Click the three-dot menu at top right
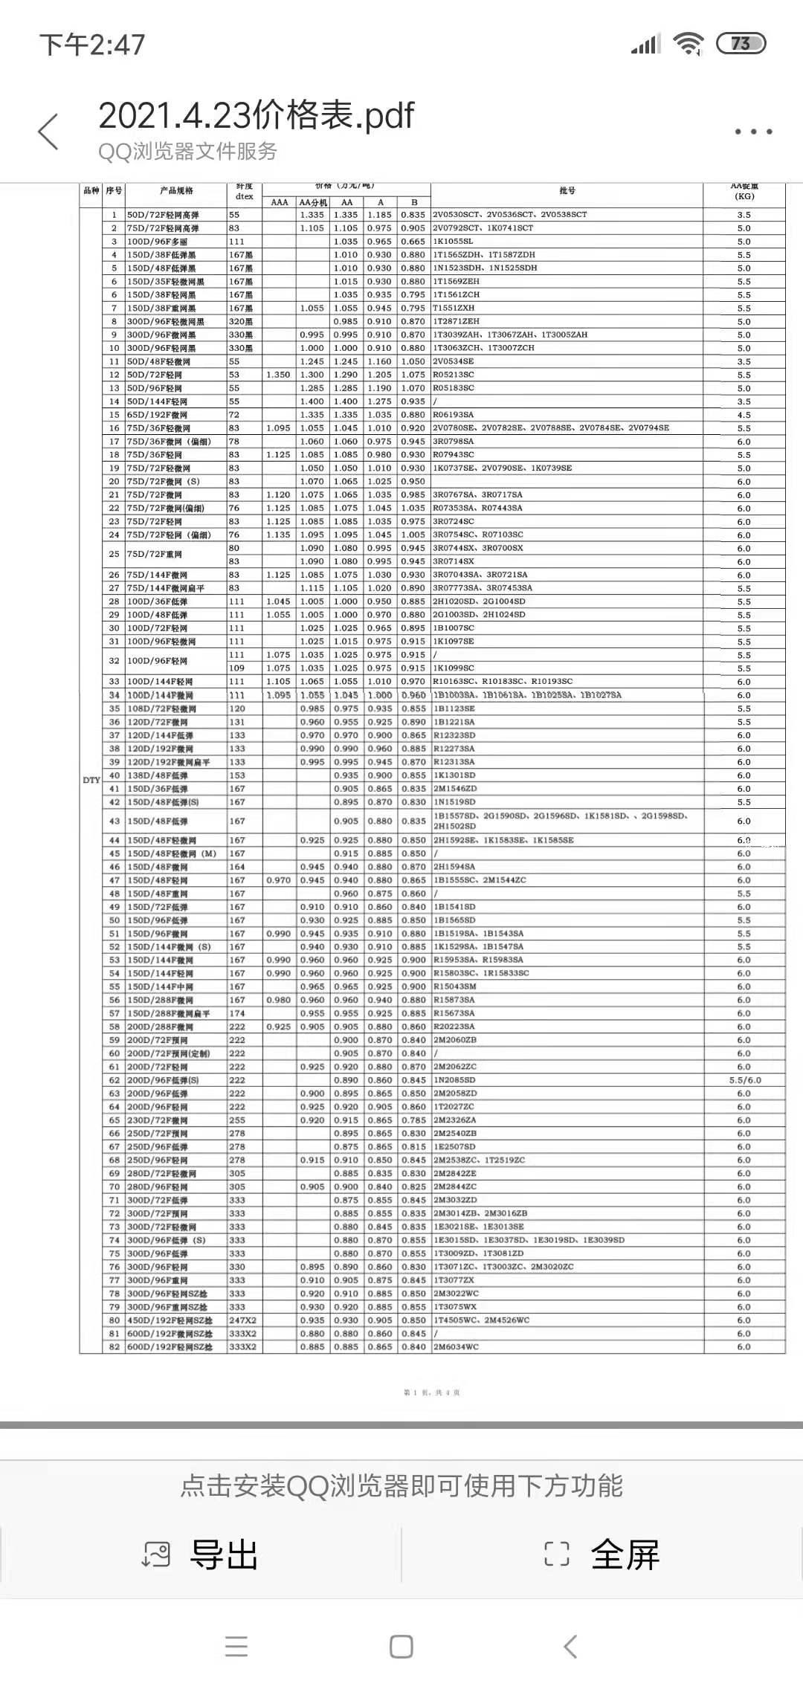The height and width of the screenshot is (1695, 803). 753,132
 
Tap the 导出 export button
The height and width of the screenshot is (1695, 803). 201,1554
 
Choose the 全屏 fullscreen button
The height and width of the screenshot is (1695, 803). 602,1554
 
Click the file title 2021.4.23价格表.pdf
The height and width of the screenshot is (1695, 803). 256,116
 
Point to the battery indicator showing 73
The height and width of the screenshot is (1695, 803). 741,44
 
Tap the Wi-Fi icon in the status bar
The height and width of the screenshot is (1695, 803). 688,45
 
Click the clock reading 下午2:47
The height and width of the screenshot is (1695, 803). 92,45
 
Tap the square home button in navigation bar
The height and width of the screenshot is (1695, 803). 401,1647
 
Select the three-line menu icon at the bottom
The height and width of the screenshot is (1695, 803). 236,1647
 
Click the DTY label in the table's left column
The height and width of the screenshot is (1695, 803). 91,780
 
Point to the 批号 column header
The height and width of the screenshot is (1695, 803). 567,191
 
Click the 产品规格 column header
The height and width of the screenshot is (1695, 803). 176,191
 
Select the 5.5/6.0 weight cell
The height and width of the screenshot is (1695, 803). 744,1080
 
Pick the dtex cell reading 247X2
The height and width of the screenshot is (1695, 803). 242,1320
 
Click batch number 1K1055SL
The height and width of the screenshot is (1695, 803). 453,242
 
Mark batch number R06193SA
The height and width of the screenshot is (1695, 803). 453,415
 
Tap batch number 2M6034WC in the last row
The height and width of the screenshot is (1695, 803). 456,1347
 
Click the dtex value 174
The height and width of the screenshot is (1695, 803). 236,1013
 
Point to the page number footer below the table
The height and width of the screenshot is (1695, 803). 431,1392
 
